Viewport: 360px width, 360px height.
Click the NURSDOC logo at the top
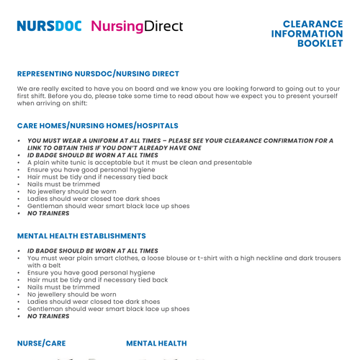coord(50,27)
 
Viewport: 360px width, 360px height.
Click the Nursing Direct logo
coord(137,27)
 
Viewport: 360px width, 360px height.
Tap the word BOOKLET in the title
coord(320,44)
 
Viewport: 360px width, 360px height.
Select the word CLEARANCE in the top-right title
coord(312,24)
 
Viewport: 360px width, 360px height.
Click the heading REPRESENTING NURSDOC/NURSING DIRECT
coord(98,73)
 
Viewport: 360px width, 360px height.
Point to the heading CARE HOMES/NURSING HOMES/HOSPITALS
coord(97,125)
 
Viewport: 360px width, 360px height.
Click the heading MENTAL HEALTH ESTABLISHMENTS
coord(81,235)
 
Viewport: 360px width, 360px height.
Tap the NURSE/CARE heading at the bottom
coord(41,343)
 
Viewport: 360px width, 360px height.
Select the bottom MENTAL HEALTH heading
coord(156,343)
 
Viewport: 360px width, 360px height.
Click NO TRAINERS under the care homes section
coord(48,213)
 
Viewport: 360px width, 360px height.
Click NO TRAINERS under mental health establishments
coord(48,316)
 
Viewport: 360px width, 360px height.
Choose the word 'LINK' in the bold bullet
coord(37,148)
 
